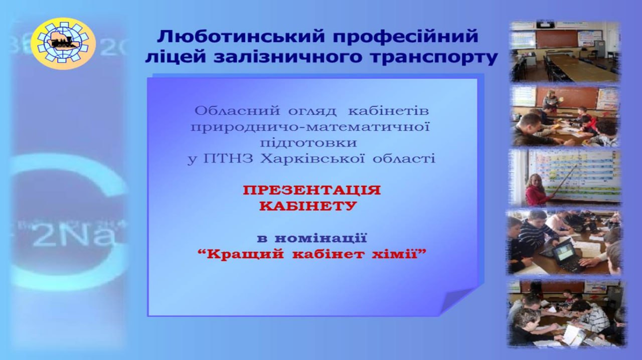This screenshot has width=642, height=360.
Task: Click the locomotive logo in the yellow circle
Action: click(x=63, y=43)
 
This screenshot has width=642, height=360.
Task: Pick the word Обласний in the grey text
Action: click(x=237, y=111)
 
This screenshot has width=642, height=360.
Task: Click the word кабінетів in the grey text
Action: click(x=388, y=111)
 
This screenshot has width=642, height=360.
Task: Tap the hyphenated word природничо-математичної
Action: click(x=310, y=127)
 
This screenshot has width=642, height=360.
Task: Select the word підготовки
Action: click(x=308, y=143)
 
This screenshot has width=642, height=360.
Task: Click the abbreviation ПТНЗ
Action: click(x=228, y=158)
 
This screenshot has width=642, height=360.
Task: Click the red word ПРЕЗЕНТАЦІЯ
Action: click(x=312, y=190)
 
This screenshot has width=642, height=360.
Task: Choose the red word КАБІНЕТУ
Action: click(x=308, y=206)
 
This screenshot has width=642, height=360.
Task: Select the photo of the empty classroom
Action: click(x=565, y=52)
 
